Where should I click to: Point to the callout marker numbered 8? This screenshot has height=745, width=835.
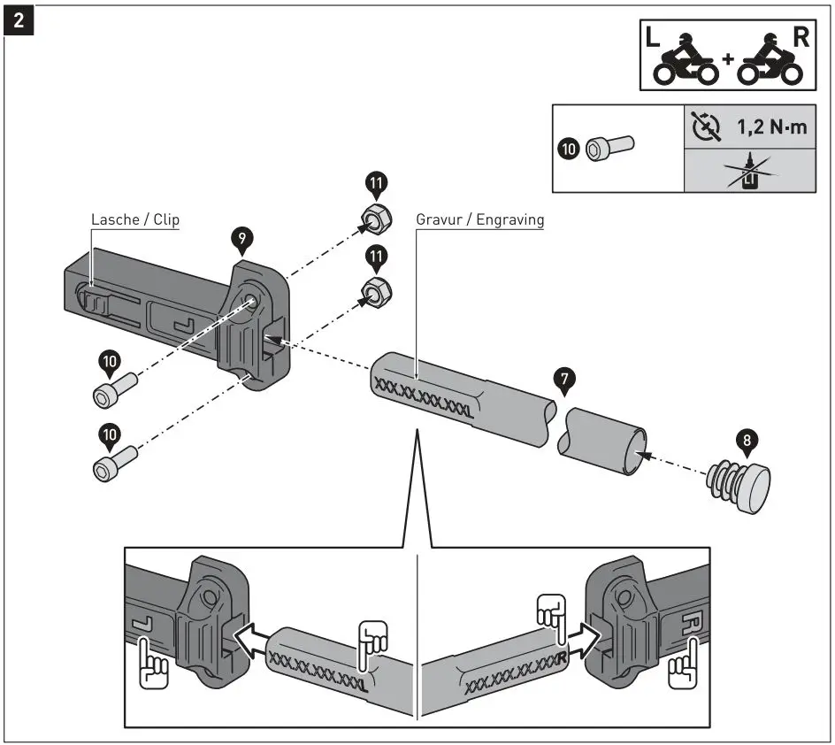(746, 439)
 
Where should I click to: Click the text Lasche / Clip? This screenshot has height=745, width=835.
(134, 219)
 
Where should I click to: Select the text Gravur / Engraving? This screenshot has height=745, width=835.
(479, 219)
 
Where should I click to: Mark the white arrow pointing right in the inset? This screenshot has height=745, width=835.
(581, 634)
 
